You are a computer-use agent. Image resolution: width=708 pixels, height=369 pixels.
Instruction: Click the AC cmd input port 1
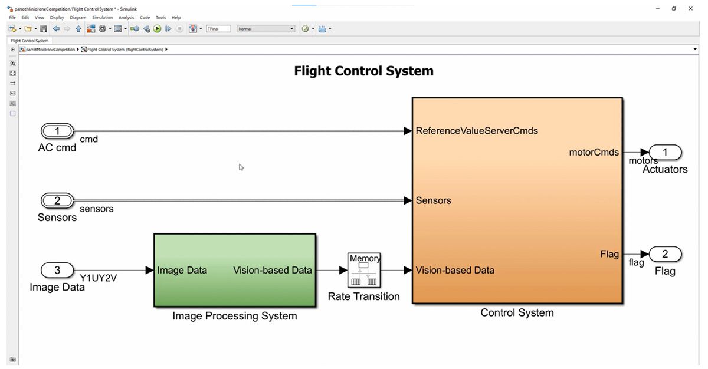tap(57, 131)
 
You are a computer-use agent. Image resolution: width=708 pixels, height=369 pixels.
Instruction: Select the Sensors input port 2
tap(57, 200)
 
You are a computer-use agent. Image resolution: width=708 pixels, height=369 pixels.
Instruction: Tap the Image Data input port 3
tap(57, 270)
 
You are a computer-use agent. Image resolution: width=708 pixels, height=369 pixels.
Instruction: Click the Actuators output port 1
tap(665, 153)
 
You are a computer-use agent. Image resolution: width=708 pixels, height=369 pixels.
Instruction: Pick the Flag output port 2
tap(665, 254)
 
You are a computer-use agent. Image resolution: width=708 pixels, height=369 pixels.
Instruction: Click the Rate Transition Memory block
tap(364, 270)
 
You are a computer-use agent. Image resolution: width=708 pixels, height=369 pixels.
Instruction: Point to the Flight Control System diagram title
tap(363, 71)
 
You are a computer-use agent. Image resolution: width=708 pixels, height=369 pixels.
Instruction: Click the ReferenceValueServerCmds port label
tap(477, 131)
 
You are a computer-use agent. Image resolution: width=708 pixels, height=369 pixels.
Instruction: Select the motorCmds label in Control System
tap(594, 153)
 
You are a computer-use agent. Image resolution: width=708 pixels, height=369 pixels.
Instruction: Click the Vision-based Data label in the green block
tap(272, 270)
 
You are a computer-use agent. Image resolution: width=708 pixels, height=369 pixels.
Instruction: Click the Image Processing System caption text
tap(234, 316)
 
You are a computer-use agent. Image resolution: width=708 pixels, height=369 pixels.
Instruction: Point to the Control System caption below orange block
tap(517, 312)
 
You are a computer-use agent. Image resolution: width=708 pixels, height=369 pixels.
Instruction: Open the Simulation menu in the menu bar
tap(102, 18)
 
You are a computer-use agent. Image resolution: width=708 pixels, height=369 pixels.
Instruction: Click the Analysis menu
tap(126, 18)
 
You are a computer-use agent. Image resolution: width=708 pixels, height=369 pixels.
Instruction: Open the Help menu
tap(176, 18)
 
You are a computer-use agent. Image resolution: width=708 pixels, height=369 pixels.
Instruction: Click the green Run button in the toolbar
tap(158, 28)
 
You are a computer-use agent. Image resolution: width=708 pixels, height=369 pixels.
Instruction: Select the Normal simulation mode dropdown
tap(265, 28)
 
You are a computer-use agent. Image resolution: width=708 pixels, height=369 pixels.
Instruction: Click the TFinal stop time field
tap(218, 28)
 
